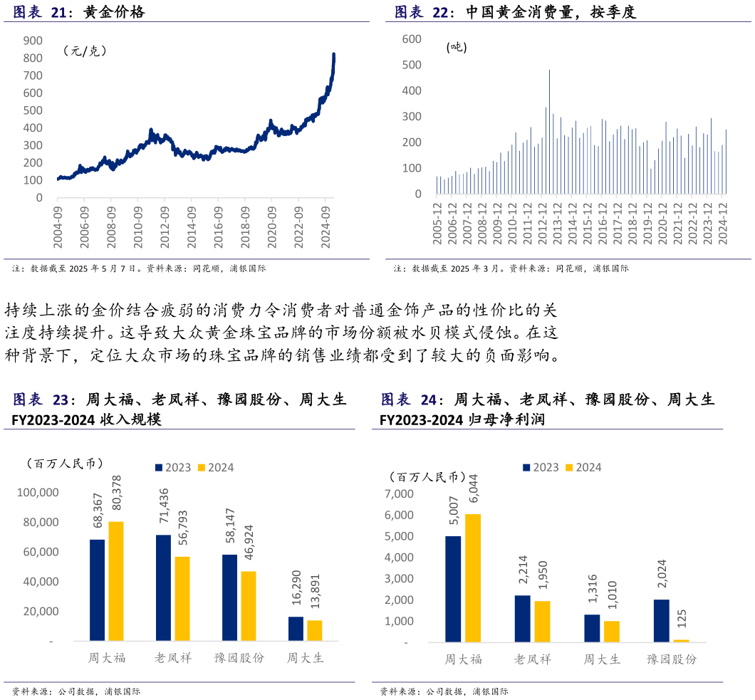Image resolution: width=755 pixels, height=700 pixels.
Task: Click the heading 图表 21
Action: [x=40, y=12]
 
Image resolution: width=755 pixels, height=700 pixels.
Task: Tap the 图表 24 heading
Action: [x=408, y=400]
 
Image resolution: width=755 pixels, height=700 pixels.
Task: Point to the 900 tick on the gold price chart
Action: [x=33, y=41]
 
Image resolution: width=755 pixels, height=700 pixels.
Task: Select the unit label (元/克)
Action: [x=85, y=51]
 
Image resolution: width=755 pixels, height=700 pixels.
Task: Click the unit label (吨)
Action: [x=457, y=47]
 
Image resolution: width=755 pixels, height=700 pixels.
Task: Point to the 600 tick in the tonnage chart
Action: [x=412, y=39]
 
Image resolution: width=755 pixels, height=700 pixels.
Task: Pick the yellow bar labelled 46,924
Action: [x=248, y=606]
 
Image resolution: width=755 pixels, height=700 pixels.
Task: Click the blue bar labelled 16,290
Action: [x=296, y=629]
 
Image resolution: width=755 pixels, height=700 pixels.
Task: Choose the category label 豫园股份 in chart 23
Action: [x=239, y=658]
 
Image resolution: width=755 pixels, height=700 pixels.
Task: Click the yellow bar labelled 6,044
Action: [x=473, y=578]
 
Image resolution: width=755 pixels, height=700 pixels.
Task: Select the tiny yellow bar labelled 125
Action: [x=681, y=641]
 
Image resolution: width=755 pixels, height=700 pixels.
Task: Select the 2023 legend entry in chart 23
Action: [x=173, y=468]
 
